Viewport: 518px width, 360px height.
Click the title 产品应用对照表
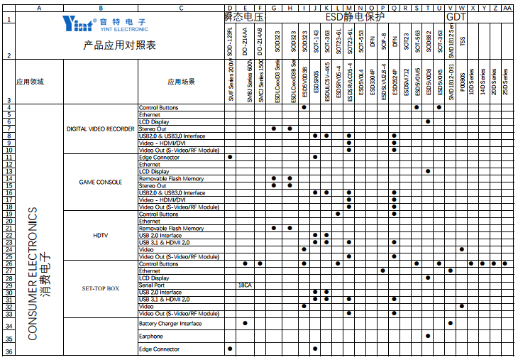(119, 45)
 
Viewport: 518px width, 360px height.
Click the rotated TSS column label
(463, 41)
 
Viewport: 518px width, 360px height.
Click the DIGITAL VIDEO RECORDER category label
(100, 129)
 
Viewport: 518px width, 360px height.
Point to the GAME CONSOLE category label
(100, 182)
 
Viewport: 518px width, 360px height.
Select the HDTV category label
(100, 235)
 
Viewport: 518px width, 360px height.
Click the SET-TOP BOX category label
(100, 288)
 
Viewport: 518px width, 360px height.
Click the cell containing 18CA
(246, 285)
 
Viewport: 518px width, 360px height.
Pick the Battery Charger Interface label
(170, 323)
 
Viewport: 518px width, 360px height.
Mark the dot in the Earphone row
(428, 336)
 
